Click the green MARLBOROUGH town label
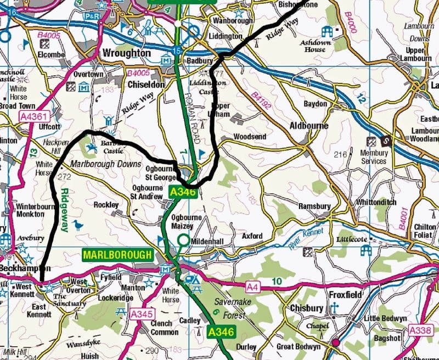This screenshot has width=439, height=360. pyautogui.click(x=117, y=255)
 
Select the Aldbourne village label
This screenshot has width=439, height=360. pyautogui.click(x=309, y=126)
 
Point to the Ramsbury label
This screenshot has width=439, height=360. pyautogui.click(x=314, y=206)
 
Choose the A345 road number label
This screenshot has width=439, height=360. pyautogui.click(x=141, y=313)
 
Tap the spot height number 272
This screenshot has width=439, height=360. pyautogui.click(x=65, y=177)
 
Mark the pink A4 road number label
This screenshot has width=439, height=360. pyautogui.click(x=252, y=286)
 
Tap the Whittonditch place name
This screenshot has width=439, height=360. pyautogui.click(x=375, y=202)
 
